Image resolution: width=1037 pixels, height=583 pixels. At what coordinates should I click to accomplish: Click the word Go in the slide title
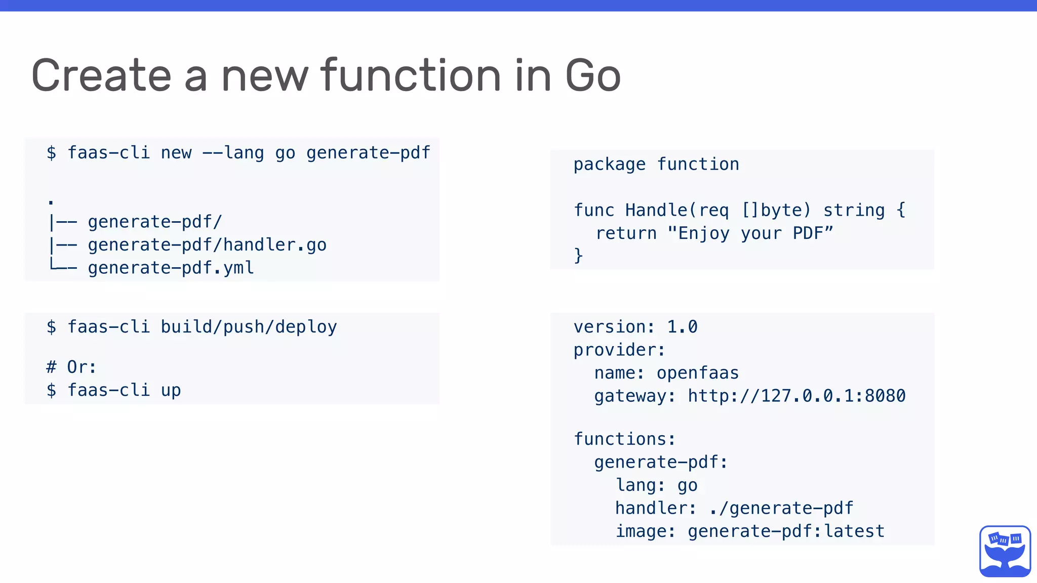click(592, 76)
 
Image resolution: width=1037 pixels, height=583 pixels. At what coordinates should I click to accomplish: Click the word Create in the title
click(101, 76)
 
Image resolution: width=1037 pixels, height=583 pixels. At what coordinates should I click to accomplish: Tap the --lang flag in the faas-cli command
click(233, 153)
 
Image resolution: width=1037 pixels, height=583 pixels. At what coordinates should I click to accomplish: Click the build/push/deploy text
click(249, 327)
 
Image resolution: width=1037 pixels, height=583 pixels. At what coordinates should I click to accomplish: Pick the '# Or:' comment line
click(71, 367)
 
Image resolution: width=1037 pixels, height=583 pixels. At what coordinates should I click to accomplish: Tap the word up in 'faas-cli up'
click(171, 390)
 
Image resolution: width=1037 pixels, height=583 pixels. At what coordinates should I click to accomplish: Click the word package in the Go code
click(609, 164)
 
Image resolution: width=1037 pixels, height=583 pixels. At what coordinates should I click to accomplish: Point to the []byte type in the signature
click(776, 211)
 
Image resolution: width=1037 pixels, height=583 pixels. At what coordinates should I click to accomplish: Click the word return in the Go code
click(626, 233)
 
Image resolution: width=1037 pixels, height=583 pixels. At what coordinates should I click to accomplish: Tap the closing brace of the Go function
click(578, 256)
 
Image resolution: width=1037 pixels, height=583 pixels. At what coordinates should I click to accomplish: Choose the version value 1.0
click(682, 327)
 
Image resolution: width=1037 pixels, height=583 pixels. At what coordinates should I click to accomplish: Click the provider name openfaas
click(698, 373)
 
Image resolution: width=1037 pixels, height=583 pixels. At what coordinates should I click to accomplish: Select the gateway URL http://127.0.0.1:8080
click(796, 396)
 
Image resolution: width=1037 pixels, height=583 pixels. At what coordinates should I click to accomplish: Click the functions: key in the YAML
click(624, 439)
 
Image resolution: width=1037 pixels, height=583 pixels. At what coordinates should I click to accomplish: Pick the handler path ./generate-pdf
click(781, 508)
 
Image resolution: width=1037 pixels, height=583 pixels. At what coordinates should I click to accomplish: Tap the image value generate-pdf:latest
click(786, 531)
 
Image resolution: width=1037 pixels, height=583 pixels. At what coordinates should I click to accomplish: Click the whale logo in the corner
click(1005, 551)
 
